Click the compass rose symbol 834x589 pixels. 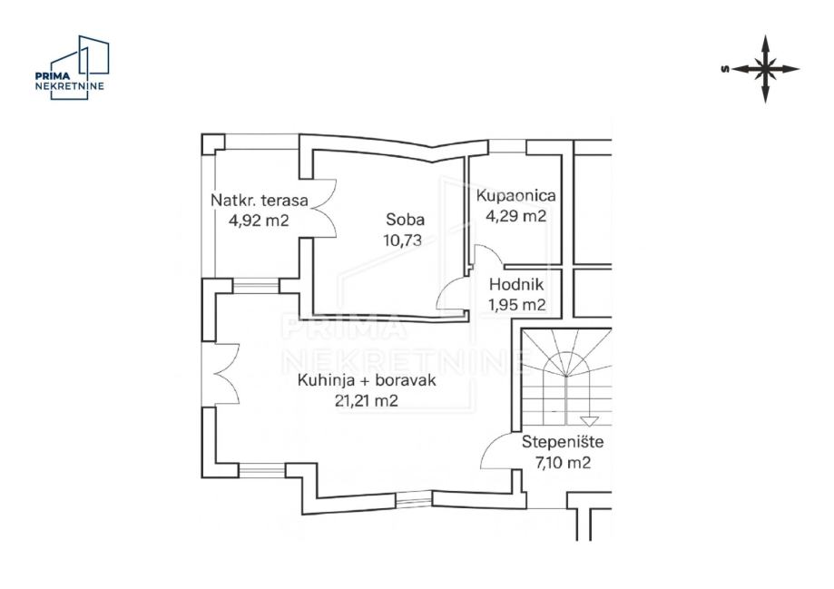(765, 69)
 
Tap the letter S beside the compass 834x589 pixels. (724, 69)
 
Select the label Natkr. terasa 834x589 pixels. (260, 201)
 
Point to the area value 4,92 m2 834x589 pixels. (259, 220)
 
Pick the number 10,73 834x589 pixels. (403, 241)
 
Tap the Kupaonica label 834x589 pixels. (516, 196)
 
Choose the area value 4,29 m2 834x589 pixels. (516, 215)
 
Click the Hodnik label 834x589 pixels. (516, 285)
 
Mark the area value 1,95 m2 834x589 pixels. (517, 305)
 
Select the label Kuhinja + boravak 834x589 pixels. (367, 380)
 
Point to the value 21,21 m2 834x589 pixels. (367, 400)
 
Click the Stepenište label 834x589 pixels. (563, 442)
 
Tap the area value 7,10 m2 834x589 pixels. (563, 462)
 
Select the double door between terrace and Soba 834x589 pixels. (325, 208)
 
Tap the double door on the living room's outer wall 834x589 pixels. (228, 375)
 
